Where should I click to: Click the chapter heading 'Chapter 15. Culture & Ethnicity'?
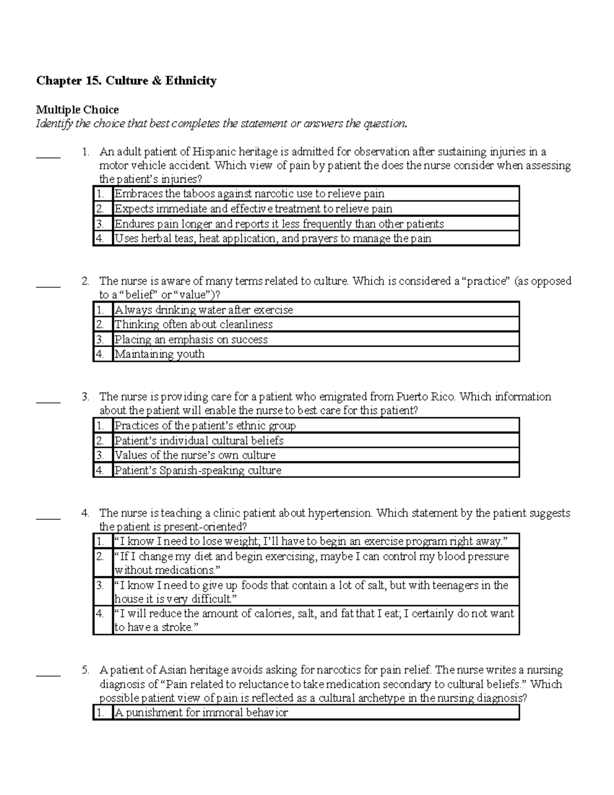coord(126,81)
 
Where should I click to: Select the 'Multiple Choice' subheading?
coord(77,110)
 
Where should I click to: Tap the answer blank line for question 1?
coord(48,157)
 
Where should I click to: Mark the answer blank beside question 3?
coord(48,402)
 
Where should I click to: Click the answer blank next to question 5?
coord(48,675)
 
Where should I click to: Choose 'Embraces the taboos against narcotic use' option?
coord(249,194)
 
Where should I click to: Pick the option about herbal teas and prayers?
coord(273,239)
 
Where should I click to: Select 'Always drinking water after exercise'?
coord(204,310)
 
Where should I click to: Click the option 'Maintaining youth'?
coord(159,354)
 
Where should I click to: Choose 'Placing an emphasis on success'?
coord(191,339)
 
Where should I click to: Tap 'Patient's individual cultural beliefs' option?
coord(199,441)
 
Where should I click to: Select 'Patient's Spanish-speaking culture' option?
coord(198,470)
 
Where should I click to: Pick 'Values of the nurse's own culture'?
coord(194,455)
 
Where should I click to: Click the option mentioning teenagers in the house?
coord(311,592)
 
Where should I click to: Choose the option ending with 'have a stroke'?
coord(314,620)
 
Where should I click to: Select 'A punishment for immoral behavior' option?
coord(201,713)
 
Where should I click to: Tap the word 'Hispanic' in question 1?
coord(218,152)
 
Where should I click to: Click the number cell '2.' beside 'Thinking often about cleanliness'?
coord(102,325)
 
